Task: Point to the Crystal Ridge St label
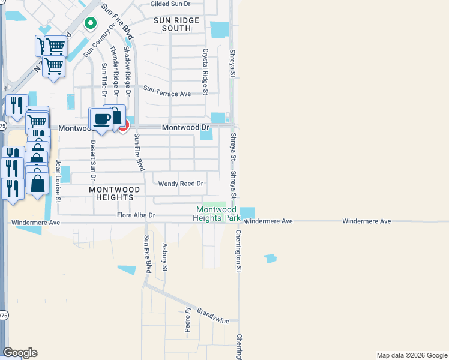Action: pos(205,71)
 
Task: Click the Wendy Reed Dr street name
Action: pos(181,184)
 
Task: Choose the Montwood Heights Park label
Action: pos(217,214)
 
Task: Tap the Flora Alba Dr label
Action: pos(136,215)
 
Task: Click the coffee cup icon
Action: pos(101,118)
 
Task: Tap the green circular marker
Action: pos(90,23)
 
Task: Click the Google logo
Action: pos(20,353)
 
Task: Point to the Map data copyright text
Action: pos(411,355)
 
